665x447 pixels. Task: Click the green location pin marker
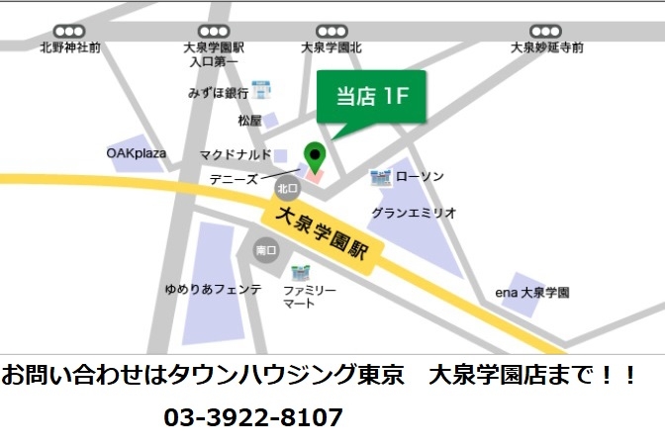tap(315, 155)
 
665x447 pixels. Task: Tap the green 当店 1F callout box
tap(371, 96)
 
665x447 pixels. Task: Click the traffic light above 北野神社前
tap(69, 32)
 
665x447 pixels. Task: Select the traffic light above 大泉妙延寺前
tap(545, 32)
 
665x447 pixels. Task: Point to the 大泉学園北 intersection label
tap(332, 47)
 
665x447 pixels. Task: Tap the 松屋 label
tap(249, 121)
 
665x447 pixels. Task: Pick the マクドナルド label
tap(236, 154)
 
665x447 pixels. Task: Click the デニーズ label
tap(234, 179)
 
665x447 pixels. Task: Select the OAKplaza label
tap(137, 153)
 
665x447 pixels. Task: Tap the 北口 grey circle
tap(287, 188)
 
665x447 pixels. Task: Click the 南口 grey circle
tap(265, 251)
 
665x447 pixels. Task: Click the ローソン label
tap(420, 177)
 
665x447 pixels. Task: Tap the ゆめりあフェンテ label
tap(213, 290)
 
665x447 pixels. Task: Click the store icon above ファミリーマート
tap(300, 271)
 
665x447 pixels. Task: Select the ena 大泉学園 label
tap(532, 293)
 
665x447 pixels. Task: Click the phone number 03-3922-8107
tap(253, 417)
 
